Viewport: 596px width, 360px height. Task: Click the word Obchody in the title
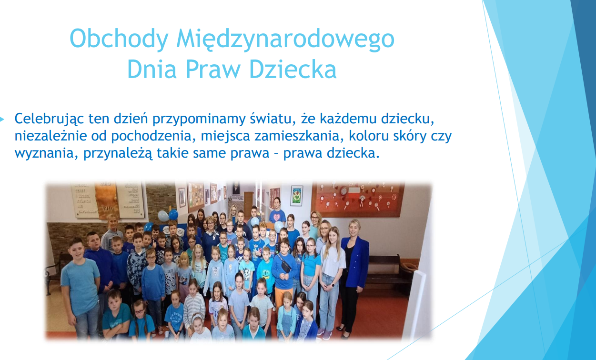pyautogui.click(x=119, y=39)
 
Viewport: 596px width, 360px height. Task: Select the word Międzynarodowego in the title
pyautogui.click(x=285, y=39)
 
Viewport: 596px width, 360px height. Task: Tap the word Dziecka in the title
pyautogui.click(x=293, y=69)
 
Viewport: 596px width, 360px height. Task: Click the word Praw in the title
pyautogui.click(x=213, y=69)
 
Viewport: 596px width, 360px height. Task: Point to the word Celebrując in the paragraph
pyautogui.click(x=49, y=119)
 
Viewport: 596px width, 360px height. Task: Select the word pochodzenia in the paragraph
pyautogui.click(x=153, y=136)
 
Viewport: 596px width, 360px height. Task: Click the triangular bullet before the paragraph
pyautogui.click(x=2, y=120)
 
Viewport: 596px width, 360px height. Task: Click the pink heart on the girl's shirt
pyautogui.click(x=277, y=218)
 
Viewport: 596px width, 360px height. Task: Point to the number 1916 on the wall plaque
pyautogui.click(x=107, y=208)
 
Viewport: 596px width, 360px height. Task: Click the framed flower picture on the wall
pyautogui.click(x=296, y=196)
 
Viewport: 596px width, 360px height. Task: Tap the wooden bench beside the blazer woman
pyautogui.click(x=386, y=272)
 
